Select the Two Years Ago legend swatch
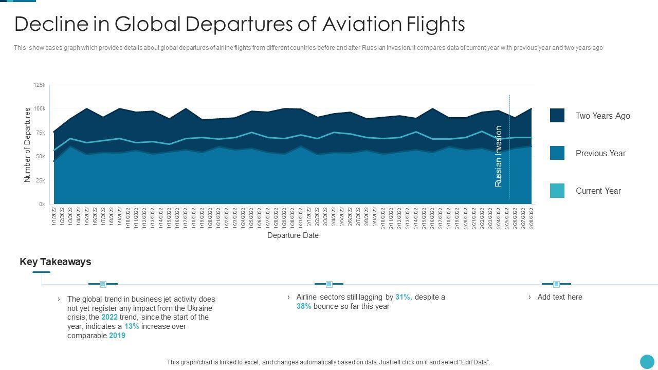pos(557,115)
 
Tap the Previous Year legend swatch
pos(557,153)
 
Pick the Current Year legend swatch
pos(557,191)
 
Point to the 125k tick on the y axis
pos(40,85)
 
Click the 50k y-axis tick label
pos(41,157)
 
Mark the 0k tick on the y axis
pos(42,205)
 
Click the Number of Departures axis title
pos(27,144)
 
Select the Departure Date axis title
pos(293,235)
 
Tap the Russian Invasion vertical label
pos(498,156)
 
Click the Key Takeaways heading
pos(56,262)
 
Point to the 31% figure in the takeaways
pos(404,297)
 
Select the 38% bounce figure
pos(304,306)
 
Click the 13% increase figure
pos(132,326)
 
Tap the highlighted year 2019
pos(117,336)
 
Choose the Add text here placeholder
pos(560,297)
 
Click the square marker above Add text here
pos(556,284)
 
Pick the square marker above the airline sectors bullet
pos(329,284)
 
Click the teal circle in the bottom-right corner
pos(647,361)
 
